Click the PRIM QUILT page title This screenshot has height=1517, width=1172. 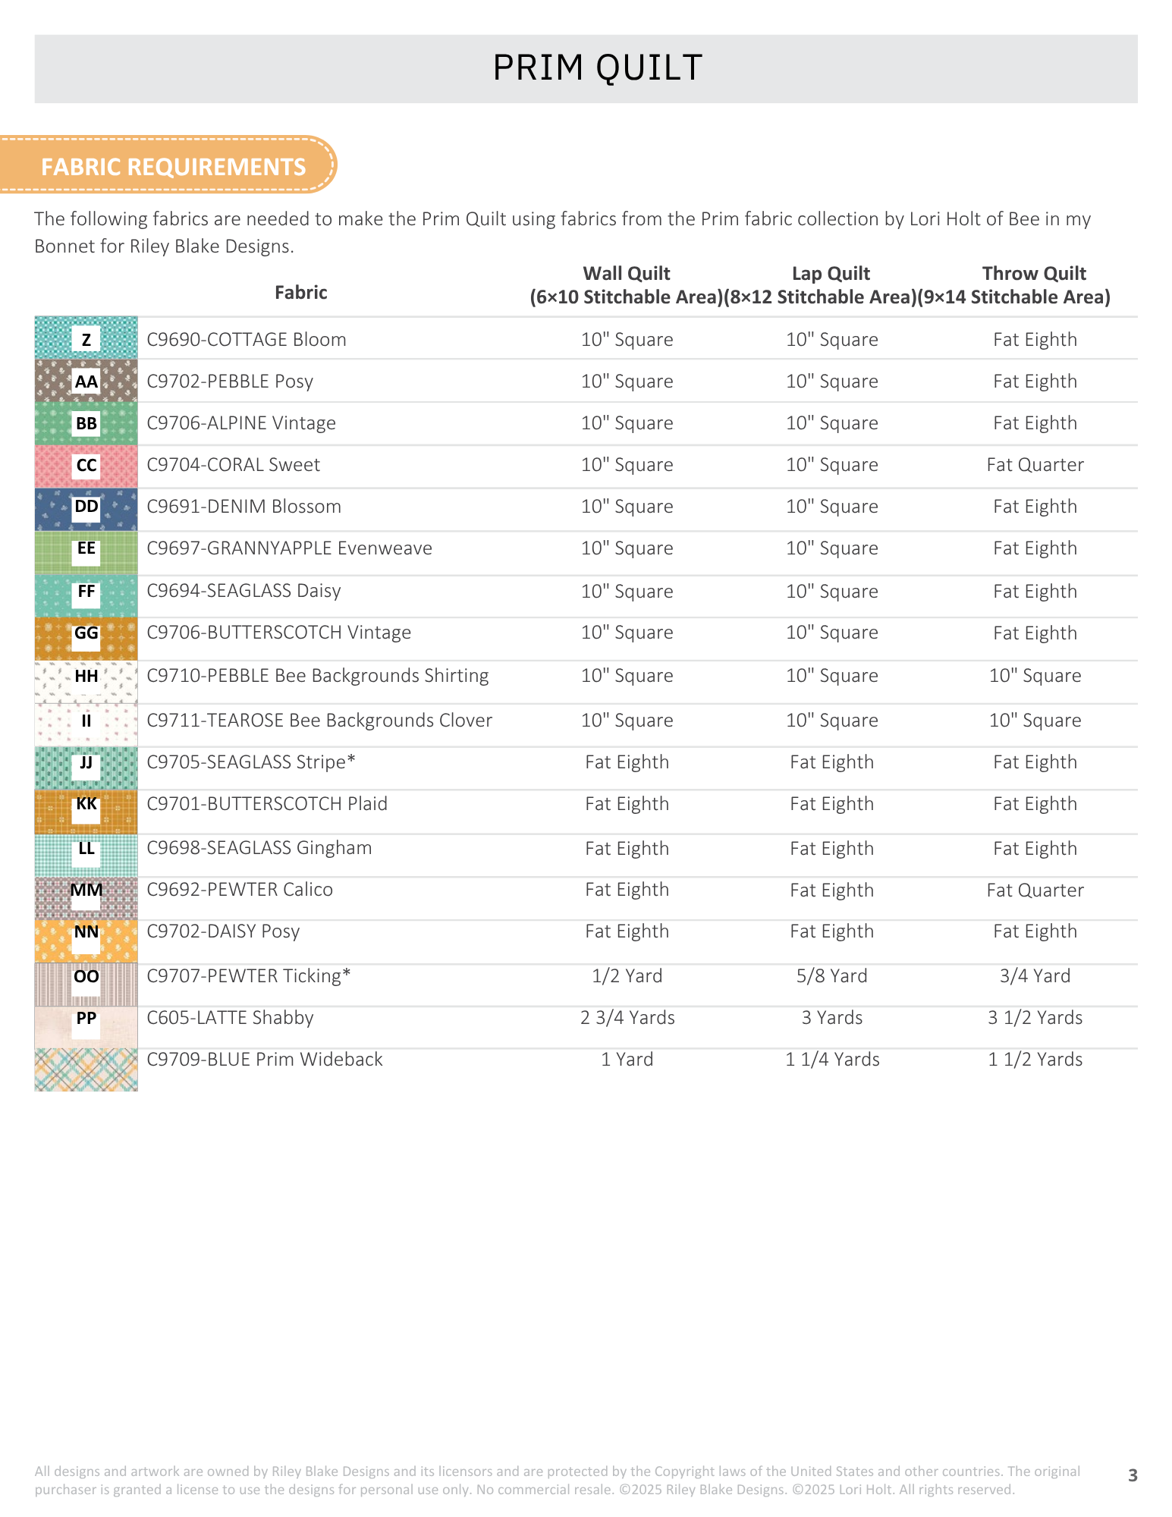tap(598, 68)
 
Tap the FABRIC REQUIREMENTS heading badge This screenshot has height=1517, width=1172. tap(168, 165)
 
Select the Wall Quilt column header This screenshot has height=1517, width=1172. tap(627, 285)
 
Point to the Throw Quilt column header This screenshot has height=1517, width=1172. tap(1034, 285)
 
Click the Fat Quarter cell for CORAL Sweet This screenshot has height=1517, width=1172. tap(1035, 465)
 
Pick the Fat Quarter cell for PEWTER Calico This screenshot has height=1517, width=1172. tap(1035, 890)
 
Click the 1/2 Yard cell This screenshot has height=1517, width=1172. tap(627, 976)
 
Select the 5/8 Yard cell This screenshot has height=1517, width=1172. tap(832, 976)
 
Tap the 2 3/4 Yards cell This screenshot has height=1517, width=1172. tap(627, 1018)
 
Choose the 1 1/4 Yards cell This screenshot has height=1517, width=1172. tap(832, 1060)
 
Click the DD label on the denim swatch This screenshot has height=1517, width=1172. tap(86, 506)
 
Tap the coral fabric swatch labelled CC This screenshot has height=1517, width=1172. tap(86, 466)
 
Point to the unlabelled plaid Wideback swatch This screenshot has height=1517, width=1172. tap(86, 1069)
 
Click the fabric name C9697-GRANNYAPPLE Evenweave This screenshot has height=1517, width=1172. tap(289, 548)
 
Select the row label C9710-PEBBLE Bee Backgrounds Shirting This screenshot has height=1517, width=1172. tap(318, 676)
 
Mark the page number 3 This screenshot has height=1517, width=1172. tap(1133, 1475)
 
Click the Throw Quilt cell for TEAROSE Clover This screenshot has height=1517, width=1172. tap(1035, 721)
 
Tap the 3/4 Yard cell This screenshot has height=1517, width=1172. tap(1035, 976)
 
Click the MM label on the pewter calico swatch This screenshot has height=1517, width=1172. tap(86, 890)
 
